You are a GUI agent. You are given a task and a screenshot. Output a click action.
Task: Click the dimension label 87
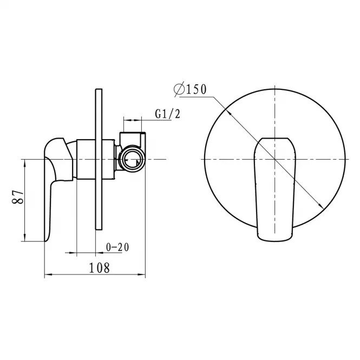tap(18, 197)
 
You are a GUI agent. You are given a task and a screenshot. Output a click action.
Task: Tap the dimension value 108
tap(99, 268)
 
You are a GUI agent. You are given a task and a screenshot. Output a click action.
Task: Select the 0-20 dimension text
tap(117, 247)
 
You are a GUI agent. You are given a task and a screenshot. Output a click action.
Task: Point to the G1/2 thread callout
tap(168, 114)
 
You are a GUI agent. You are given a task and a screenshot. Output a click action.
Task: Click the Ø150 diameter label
tap(190, 89)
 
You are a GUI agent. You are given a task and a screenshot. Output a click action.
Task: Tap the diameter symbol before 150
tap(179, 89)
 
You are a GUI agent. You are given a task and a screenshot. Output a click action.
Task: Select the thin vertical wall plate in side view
tap(99, 159)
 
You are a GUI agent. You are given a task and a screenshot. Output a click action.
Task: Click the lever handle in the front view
tap(275, 189)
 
